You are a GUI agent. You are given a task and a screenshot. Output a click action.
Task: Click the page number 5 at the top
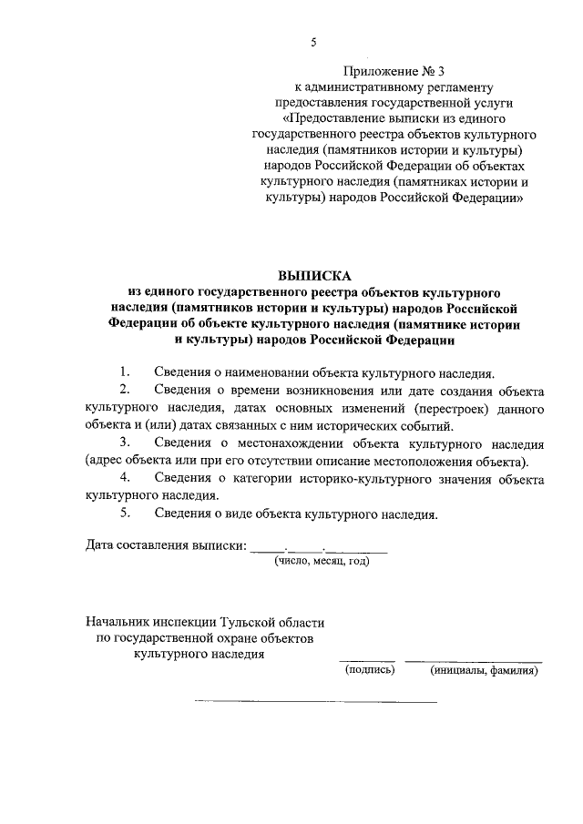[313, 42]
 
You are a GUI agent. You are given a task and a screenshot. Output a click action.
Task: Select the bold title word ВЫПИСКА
[313, 276]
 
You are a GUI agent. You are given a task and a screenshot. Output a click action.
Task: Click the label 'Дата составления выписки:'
[166, 546]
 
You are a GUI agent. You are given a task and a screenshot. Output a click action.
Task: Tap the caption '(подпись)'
[368, 671]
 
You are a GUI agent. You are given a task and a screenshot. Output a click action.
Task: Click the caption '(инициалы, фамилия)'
[484, 671]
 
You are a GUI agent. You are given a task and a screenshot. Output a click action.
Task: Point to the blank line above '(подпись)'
[367, 660]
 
